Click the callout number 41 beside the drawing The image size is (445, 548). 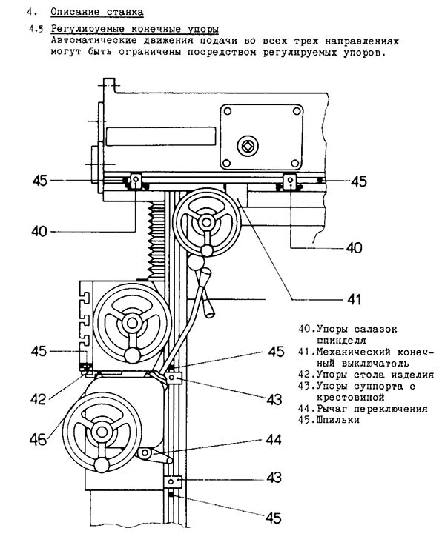pyautogui.click(x=354, y=300)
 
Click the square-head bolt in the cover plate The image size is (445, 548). pyautogui.click(x=248, y=145)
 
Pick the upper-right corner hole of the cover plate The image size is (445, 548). pyautogui.click(x=297, y=112)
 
